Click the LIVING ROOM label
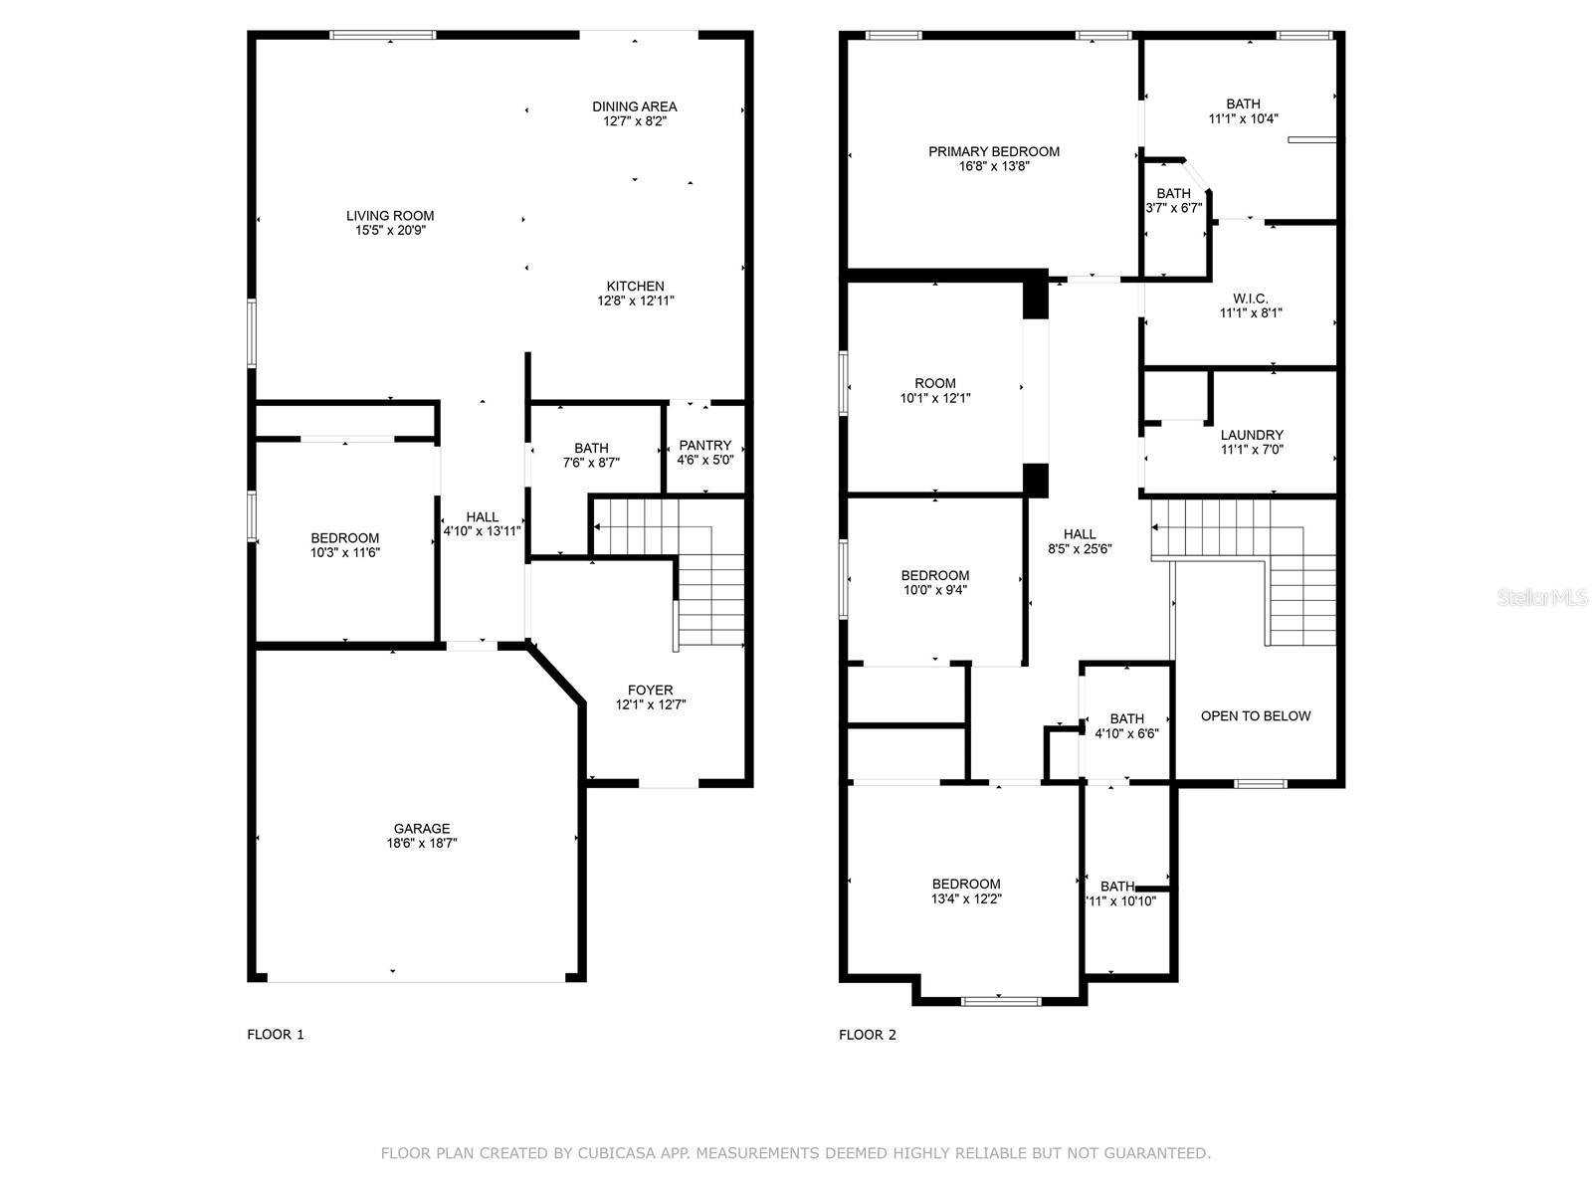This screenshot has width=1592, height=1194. coord(389,215)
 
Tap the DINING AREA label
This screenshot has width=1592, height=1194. coord(634,106)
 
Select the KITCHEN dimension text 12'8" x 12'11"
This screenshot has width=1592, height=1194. coord(636,300)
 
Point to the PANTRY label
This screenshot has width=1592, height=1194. coord(705,445)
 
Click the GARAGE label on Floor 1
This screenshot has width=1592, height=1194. coord(422,828)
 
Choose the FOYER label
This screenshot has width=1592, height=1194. coord(650,691)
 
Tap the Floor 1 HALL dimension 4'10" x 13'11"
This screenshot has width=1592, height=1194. coord(483,531)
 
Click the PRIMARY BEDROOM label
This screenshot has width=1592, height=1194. coord(994,151)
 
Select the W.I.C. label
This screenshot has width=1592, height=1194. coord(1251,298)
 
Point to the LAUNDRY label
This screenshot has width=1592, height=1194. coord(1252,435)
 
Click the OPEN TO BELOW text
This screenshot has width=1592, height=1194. coord(1256,716)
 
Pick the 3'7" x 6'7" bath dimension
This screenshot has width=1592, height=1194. coord(1173,208)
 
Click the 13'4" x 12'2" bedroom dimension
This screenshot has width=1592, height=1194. coord(966,898)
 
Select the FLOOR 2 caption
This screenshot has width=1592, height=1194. coord(868,1035)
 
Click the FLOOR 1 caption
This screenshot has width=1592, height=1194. coord(276,1035)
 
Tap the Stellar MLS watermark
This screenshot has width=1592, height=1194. coord(1541,597)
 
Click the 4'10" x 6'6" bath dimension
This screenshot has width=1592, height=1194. coord(1126,733)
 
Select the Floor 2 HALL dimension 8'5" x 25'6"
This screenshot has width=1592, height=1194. coord(1080,549)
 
